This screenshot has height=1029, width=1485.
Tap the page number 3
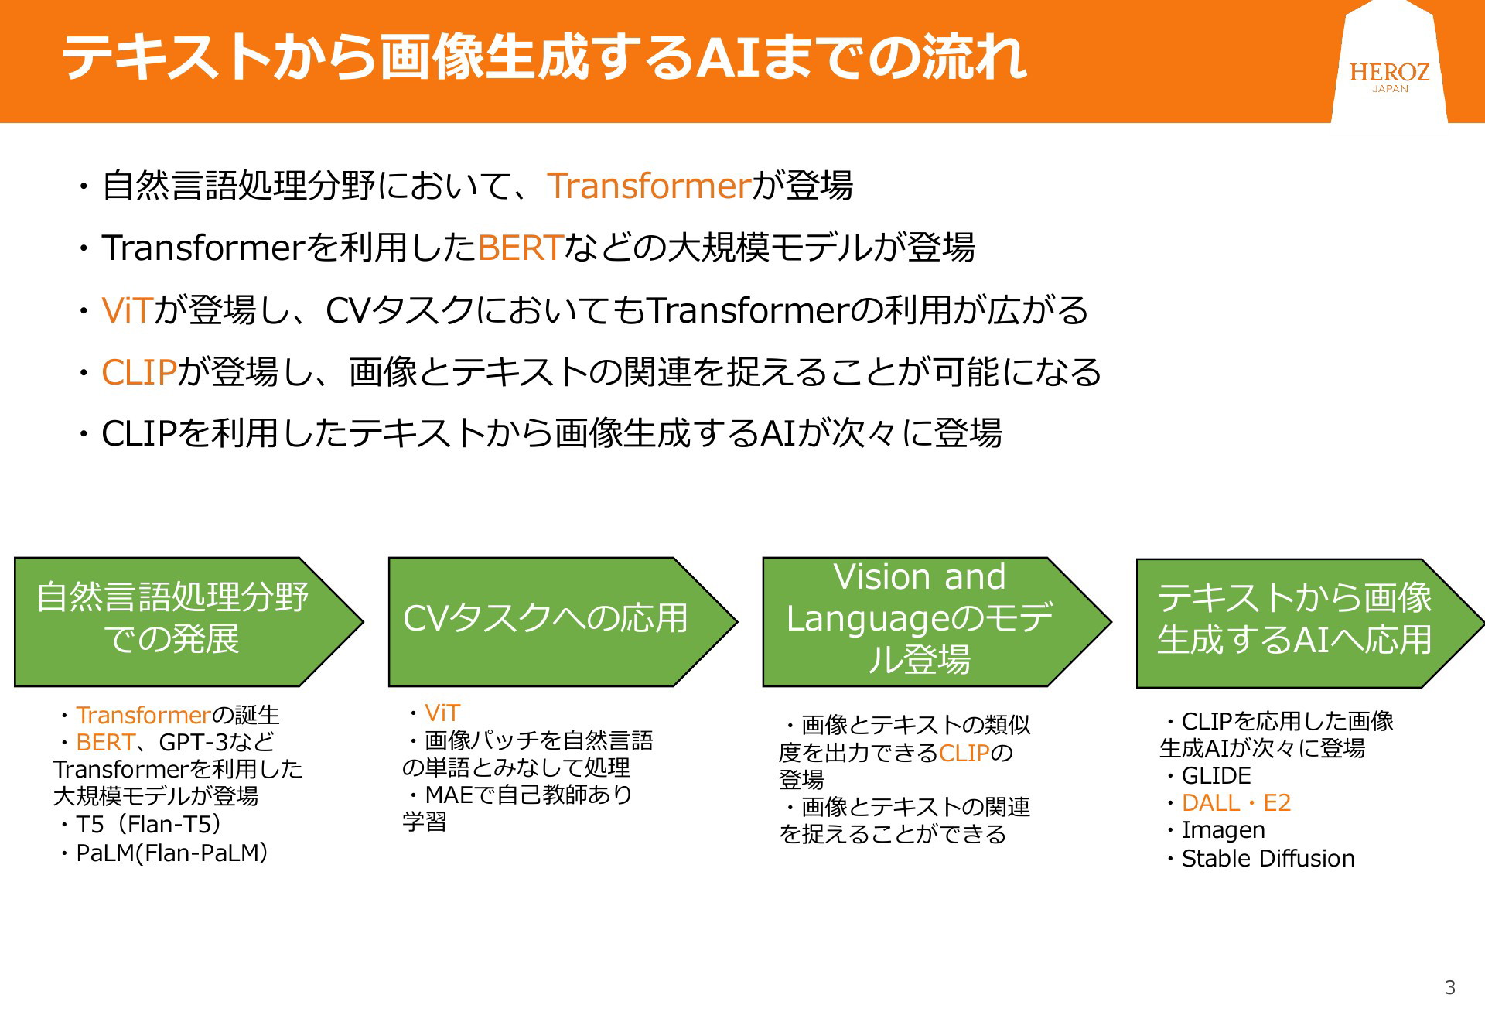pyautogui.click(x=1449, y=987)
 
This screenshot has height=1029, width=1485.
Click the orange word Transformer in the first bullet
pyautogui.click(x=649, y=186)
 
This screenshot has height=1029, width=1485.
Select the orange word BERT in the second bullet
pyautogui.click(x=520, y=248)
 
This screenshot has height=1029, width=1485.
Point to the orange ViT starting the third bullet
pyautogui.click(x=128, y=310)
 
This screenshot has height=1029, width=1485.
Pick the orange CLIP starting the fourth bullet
pyautogui.click(x=139, y=372)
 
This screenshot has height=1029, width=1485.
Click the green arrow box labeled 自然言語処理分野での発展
pyautogui.click(x=188, y=621)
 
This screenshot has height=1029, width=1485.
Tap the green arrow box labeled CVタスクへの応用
pyautogui.click(x=562, y=621)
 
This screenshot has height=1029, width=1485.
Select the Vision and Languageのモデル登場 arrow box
pyautogui.click(x=937, y=621)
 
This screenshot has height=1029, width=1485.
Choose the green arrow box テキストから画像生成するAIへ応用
pyautogui.click(x=1310, y=623)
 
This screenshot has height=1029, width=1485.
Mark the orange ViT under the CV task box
pyautogui.click(x=442, y=713)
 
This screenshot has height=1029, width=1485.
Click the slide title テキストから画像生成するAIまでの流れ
pyautogui.click(x=544, y=57)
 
